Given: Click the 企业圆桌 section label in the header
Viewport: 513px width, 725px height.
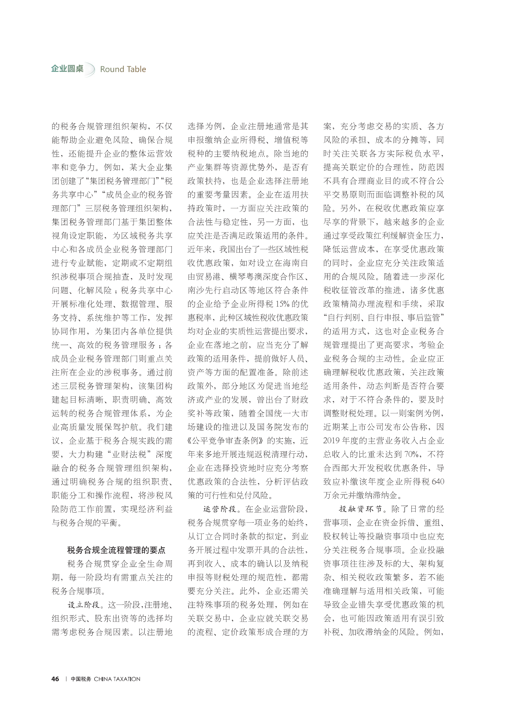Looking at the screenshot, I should (67, 69).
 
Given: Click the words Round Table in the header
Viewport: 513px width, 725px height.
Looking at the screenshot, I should (123, 69).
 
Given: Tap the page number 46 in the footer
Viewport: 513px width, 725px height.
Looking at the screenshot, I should (55, 679).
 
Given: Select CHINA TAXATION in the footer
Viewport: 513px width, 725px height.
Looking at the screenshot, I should (117, 679).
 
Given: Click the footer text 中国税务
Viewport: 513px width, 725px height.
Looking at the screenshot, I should (81, 679).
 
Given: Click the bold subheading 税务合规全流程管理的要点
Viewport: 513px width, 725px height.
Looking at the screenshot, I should (116, 550).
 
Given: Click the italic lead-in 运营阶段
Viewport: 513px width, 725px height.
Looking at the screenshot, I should (219, 509).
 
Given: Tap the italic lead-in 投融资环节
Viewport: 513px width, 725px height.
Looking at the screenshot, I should (360, 509).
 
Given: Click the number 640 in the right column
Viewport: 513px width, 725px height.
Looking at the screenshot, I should (437, 482).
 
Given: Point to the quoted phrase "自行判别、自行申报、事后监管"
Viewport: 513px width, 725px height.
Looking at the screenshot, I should (383, 318).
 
